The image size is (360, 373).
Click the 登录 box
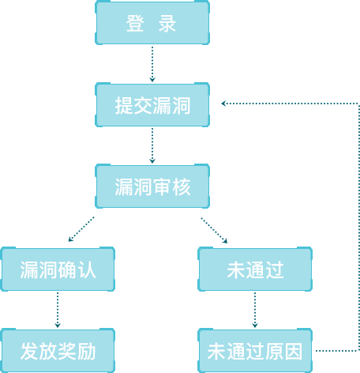coord(152,23)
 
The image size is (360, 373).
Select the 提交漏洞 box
coord(152,105)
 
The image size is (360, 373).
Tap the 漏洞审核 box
coord(152,186)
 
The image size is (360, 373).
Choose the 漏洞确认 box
coord(58,269)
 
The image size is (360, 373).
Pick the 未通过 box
coord(255,269)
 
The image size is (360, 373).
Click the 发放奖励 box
coord(58,351)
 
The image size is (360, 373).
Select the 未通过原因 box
coord(255,351)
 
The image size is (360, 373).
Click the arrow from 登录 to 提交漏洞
coord(152,64)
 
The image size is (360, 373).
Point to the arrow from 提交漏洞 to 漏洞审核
coord(152,145)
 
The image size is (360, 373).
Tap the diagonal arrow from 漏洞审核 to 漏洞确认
coord(81,229)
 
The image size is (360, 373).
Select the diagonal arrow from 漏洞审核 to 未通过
coord(214,230)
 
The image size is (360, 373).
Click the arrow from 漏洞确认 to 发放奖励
coord(58,310)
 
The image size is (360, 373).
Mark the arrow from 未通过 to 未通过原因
coord(255,310)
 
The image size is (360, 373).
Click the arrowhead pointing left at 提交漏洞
coord(223,104)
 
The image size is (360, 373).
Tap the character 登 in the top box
coord(135,24)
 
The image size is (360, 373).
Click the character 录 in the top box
coord(167,24)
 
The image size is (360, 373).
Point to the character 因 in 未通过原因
coord(294,352)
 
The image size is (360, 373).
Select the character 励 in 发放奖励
coord(86,352)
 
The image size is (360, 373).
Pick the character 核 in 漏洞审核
coord(182,187)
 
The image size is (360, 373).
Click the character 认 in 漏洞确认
coord(86,270)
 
